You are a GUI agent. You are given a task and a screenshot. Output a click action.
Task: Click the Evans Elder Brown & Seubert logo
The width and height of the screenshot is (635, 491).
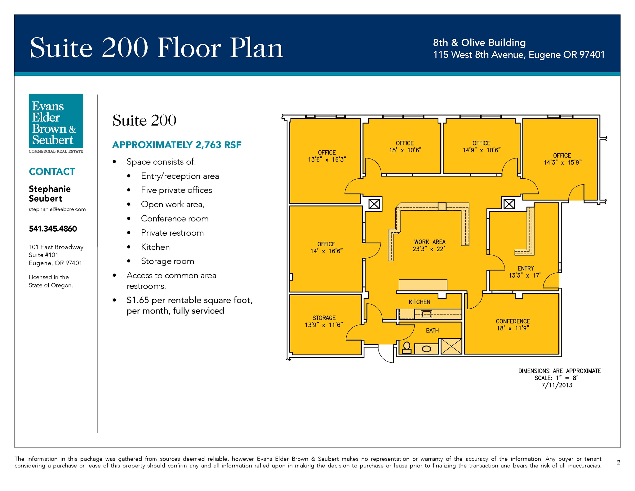56,123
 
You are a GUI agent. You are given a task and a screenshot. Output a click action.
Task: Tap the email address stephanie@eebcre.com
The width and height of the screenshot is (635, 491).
57,209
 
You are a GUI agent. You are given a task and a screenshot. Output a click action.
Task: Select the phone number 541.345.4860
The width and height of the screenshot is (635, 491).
53,229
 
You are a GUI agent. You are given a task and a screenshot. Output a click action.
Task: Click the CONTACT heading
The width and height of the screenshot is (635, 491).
52,172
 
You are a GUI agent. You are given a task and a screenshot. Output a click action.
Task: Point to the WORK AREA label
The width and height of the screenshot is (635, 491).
430,242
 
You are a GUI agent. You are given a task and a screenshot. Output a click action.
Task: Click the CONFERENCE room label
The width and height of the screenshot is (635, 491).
513,321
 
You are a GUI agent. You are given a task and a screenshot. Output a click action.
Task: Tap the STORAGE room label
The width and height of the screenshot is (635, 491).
324,318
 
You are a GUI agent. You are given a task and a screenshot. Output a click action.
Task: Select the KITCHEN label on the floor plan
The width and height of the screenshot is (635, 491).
419,302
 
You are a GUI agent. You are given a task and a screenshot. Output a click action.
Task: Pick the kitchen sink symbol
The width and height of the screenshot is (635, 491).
426,315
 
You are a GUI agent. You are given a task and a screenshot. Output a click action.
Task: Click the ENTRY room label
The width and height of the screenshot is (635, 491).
526,268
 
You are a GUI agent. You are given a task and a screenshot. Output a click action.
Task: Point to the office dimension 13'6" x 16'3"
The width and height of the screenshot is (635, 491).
327,159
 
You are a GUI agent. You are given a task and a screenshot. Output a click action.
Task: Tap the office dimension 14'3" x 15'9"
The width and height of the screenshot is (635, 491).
562,162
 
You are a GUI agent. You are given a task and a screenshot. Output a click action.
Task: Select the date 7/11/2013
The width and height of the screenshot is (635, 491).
557,385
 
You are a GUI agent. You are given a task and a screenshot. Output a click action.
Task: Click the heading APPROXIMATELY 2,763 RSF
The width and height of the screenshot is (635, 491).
177,145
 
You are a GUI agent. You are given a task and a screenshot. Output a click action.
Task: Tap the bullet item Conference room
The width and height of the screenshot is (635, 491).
175,219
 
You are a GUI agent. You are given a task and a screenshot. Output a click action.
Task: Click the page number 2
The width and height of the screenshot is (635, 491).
619,462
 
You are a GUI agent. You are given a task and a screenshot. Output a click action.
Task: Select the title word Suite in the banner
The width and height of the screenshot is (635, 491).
61,48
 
